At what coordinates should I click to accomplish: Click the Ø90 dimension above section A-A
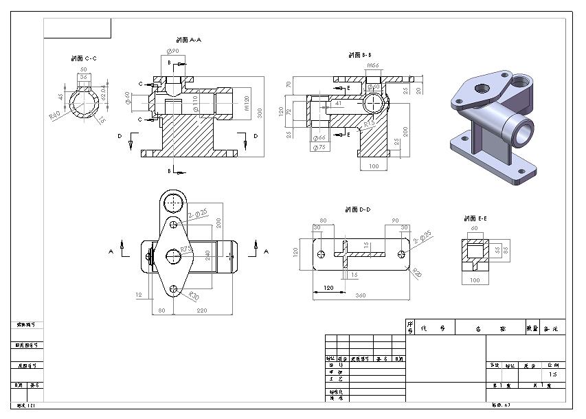click(172, 52)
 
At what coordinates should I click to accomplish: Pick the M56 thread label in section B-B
click(373, 66)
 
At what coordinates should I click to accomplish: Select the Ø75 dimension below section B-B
click(319, 147)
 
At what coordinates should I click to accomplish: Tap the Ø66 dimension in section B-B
click(319, 138)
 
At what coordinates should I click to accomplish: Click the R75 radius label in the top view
click(185, 249)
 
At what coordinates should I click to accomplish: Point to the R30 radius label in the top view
click(194, 296)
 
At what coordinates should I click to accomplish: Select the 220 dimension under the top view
click(202, 310)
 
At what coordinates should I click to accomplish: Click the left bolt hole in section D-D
click(320, 253)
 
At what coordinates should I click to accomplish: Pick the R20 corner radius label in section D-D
click(416, 273)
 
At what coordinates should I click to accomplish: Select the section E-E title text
click(475, 218)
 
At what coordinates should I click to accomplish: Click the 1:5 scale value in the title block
click(553, 375)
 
